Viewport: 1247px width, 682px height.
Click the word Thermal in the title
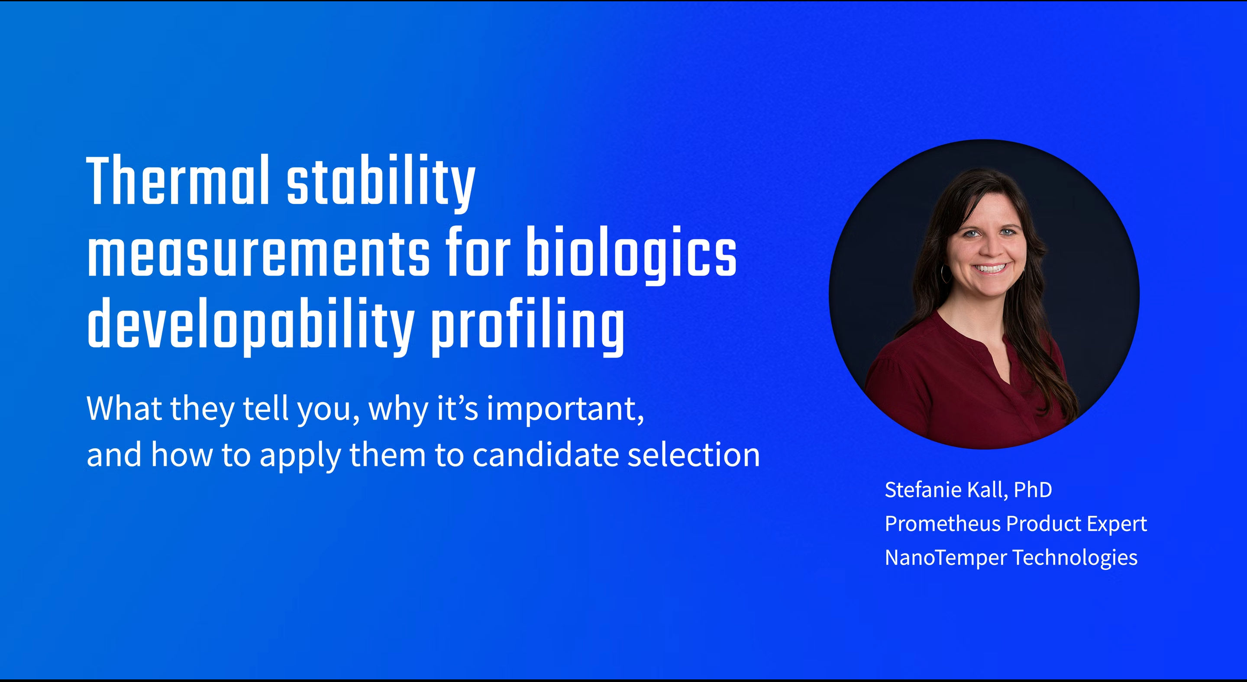coord(178,180)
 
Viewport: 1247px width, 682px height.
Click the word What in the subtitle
coord(124,409)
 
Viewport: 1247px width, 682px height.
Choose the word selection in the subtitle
coord(694,455)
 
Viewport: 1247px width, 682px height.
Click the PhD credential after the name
coord(1033,490)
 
